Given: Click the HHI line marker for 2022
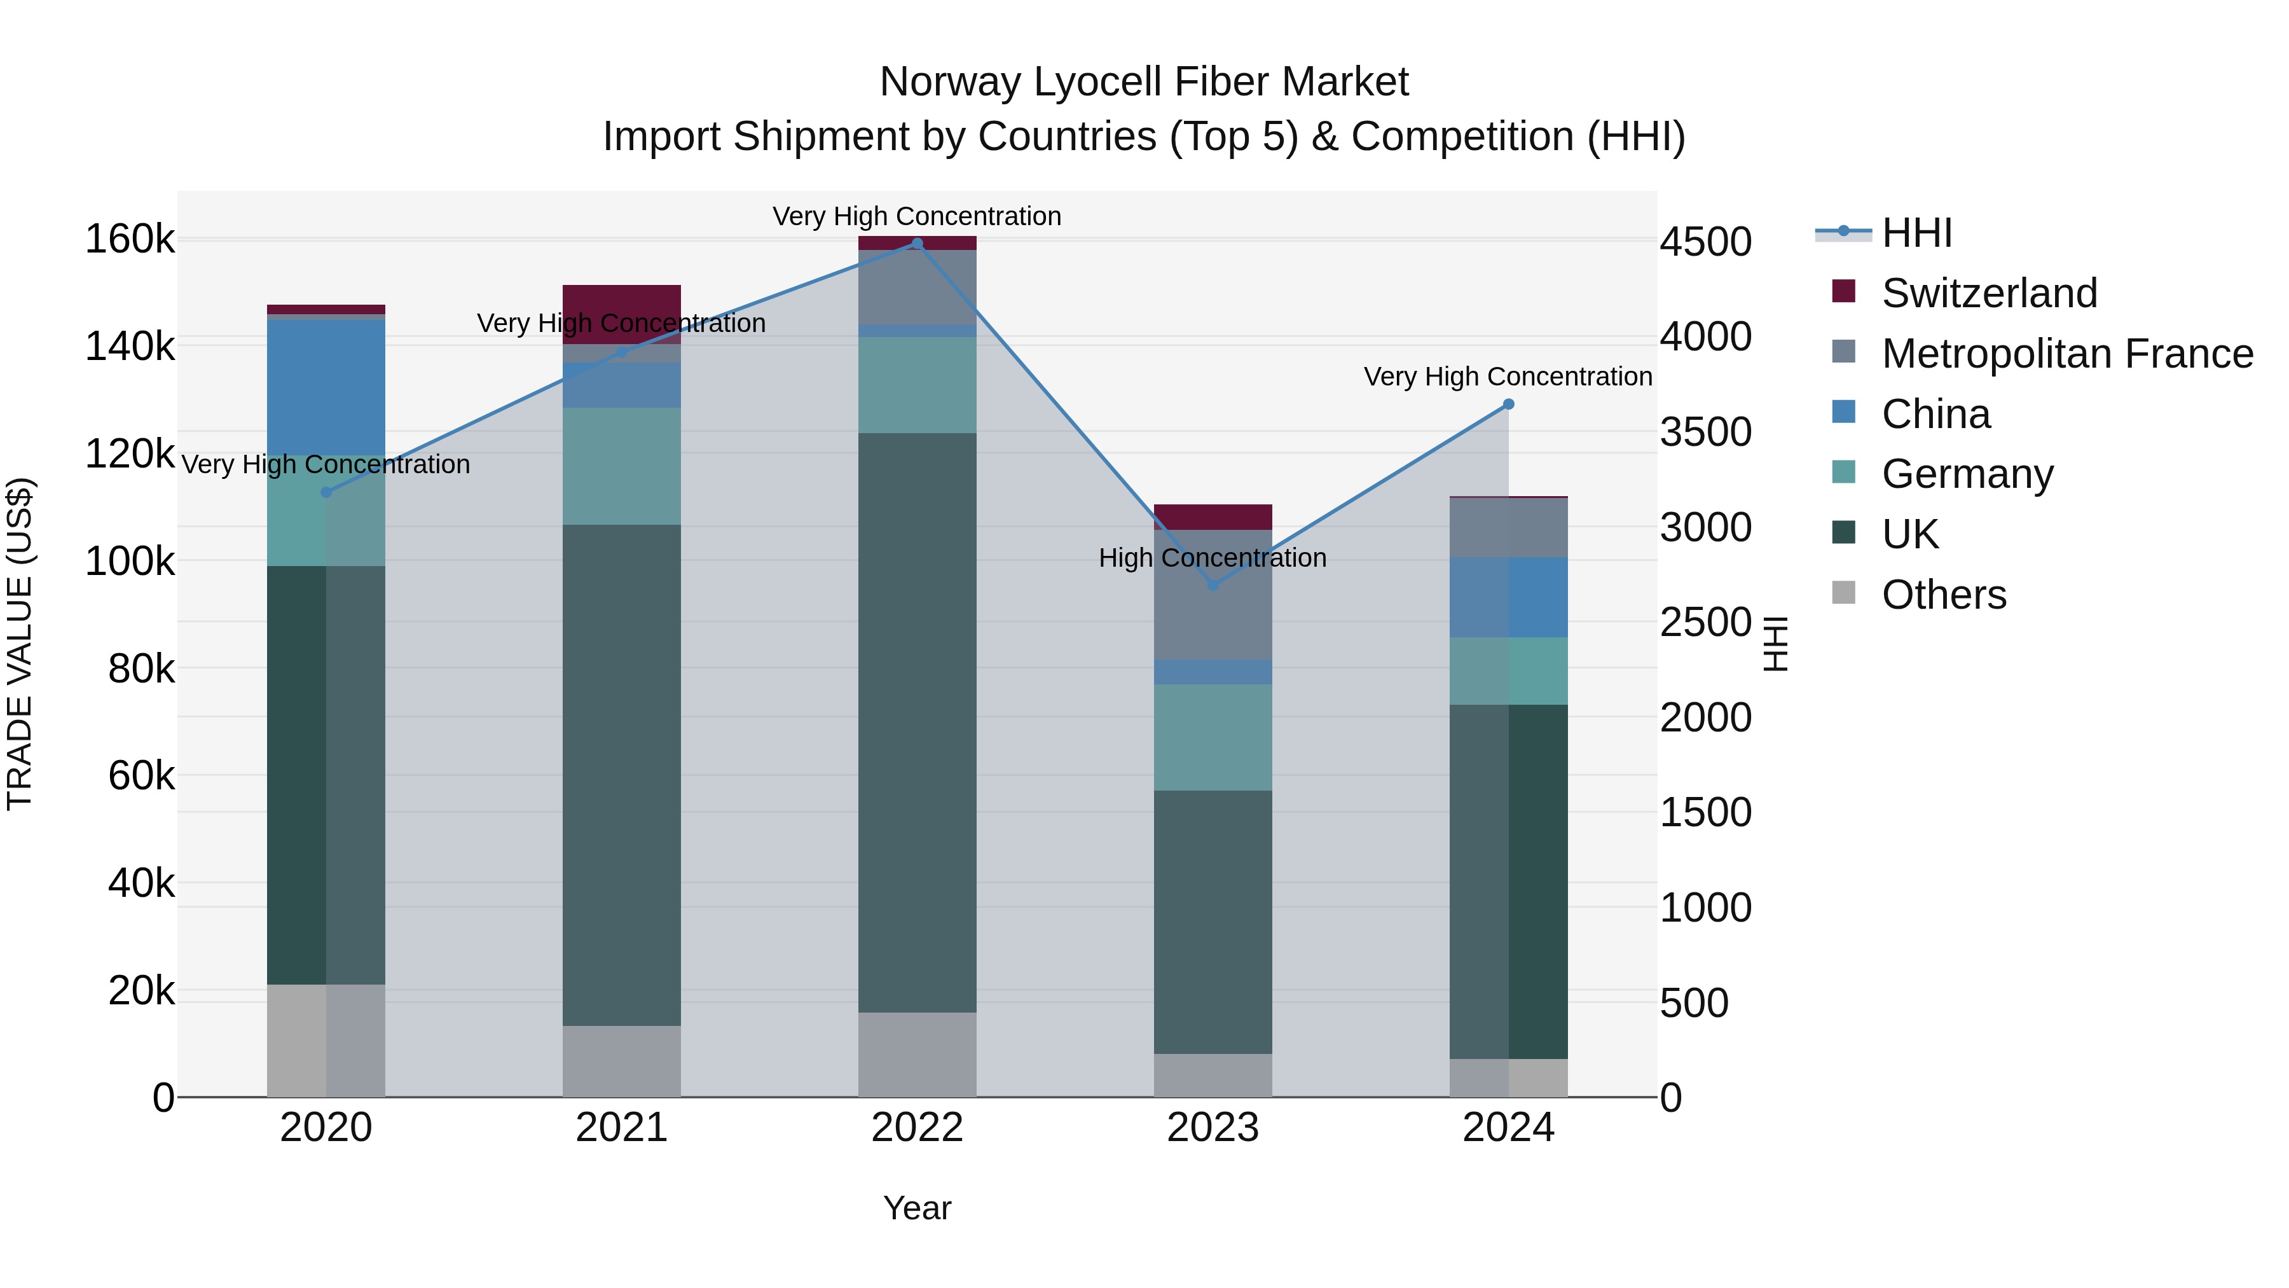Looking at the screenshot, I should pos(917,244).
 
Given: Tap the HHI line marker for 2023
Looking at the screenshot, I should pos(1213,585).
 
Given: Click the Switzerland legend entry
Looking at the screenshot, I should pos(1989,293).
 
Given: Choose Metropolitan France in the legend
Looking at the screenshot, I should pos(2067,354).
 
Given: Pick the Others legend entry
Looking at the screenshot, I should pos(1943,595).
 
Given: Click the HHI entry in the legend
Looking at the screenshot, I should pos(1916,233).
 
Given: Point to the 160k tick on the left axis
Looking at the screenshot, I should pos(130,239).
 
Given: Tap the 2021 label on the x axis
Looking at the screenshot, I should pos(621,1128).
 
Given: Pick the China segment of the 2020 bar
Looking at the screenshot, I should pos(326,387).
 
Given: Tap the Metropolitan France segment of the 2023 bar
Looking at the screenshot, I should pos(1213,594).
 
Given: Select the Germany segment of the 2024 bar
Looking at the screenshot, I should pos(1508,671).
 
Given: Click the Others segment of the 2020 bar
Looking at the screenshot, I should pos(326,1040).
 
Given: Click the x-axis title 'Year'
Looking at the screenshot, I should pos(917,1208).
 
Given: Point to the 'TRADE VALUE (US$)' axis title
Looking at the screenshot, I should pos(20,644).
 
